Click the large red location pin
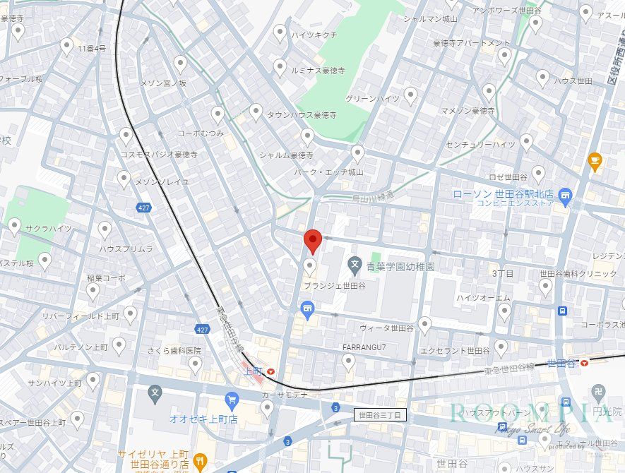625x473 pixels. point(313,241)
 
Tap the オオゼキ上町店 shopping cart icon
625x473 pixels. point(232,401)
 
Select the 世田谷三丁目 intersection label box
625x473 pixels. point(379,415)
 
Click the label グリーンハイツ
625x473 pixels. point(372,99)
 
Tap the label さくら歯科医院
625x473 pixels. point(174,350)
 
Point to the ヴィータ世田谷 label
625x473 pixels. point(386,328)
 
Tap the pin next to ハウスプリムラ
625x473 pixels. point(105,229)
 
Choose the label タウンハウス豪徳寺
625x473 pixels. point(302,114)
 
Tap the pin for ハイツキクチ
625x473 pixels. point(280,32)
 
